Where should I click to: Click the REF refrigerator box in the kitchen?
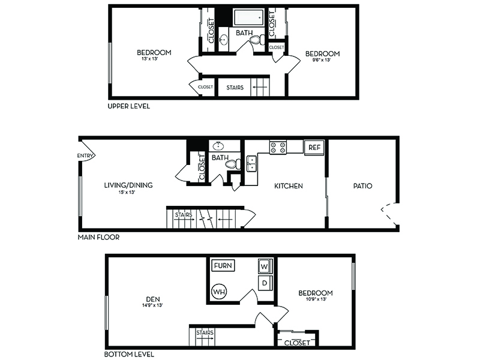(314, 148)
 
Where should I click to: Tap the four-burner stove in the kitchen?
(278, 147)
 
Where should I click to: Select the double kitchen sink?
(251, 163)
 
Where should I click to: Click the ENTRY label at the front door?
(85, 156)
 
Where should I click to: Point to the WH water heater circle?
(219, 292)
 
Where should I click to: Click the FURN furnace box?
(223, 265)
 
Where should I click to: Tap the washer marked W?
(264, 266)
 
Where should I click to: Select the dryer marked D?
(265, 283)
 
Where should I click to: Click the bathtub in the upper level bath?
(248, 17)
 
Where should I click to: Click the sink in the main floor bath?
(218, 146)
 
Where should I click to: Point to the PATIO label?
(363, 186)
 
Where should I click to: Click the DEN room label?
(153, 299)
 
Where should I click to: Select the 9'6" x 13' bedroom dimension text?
(322, 60)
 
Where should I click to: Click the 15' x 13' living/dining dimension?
(127, 192)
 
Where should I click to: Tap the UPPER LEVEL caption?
(128, 106)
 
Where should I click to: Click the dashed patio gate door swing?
(387, 214)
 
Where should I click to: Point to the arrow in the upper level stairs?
(260, 87)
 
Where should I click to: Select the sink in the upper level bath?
(224, 39)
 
